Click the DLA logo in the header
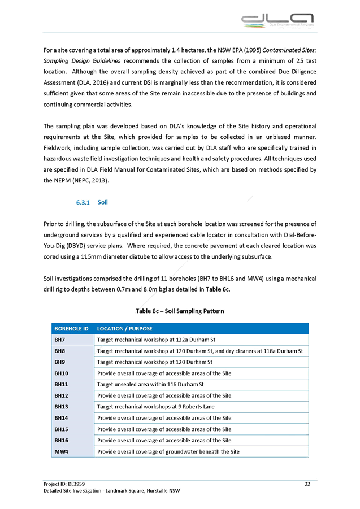click(x=277, y=20)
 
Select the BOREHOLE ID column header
click(x=71, y=328)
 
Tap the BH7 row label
click(x=60, y=340)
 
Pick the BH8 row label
click(x=60, y=351)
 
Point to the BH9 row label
click(x=60, y=362)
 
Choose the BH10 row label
click(x=61, y=373)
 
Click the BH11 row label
click(x=61, y=384)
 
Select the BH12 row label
click(x=61, y=395)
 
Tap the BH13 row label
click(x=61, y=407)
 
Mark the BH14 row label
click(x=61, y=418)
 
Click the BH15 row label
click(x=61, y=429)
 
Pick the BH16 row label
click(x=61, y=440)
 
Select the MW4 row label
click(x=61, y=452)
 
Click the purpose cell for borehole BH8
click(x=201, y=351)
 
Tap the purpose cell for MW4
click(x=168, y=452)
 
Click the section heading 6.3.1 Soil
click(x=92, y=202)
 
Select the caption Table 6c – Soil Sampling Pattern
click(x=180, y=311)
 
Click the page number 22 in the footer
click(x=307, y=484)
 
